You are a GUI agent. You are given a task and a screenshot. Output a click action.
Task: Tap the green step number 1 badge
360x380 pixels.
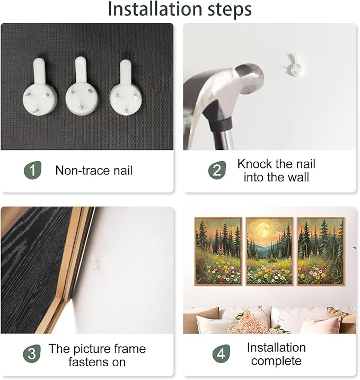point(32,170)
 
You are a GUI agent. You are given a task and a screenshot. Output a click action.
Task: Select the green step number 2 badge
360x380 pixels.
point(217,170)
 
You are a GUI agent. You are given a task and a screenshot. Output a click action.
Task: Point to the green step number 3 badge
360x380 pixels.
point(32,354)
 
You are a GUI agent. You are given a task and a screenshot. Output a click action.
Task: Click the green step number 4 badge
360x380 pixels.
point(221,354)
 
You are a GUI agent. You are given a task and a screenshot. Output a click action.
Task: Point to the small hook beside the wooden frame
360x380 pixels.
point(95,263)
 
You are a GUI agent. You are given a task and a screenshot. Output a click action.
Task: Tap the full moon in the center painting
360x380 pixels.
point(264,229)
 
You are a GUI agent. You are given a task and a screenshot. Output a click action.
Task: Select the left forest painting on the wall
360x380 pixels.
point(218,251)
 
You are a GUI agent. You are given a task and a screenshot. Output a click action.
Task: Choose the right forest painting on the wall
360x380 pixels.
point(320,251)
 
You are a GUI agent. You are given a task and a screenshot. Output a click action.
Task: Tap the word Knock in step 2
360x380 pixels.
point(254,164)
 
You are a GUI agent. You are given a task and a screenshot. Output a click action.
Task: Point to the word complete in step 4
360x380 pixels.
point(276,361)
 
